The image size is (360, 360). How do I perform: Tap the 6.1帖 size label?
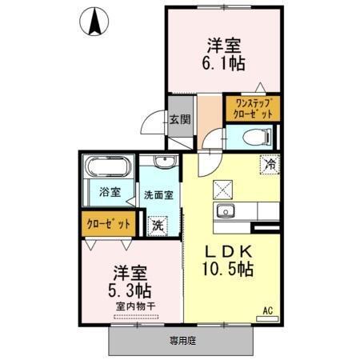pyautogui.click(x=225, y=62)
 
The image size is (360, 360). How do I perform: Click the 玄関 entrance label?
pyautogui.click(x=179, y=121)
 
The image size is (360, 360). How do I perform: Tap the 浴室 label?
pyautogui.click(x=110, y=192)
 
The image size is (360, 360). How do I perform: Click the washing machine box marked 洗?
pyautogui.click(x=160, y=226)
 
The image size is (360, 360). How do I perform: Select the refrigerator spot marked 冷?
pyautogui.click(x=270, y=164)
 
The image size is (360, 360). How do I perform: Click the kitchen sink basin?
pyautogui.click(x=224, y=211)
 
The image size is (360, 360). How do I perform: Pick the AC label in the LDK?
pyautogui.click(x=268, y=308)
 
